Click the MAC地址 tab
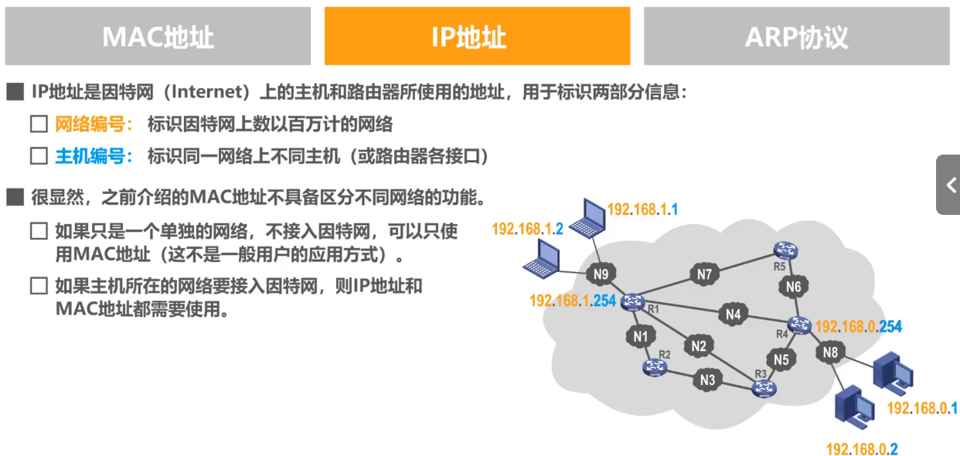pos(158,36)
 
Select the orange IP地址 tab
pos(477,36)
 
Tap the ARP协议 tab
pos(796,36)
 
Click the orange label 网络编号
pos(90,124)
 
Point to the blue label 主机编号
pos(90,156)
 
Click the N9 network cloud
pos(601,274)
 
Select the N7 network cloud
pos(703,274)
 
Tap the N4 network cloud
pos(734,315)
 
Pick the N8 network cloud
pos(830,353)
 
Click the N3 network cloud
pos(707,379)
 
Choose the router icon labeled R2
pos(655,368)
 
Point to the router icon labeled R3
pos(764,389)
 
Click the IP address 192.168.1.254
pos(573,301)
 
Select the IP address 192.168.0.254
pos(858,327)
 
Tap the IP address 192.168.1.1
pos(642,209)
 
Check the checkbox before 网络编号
pos(39,124)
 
